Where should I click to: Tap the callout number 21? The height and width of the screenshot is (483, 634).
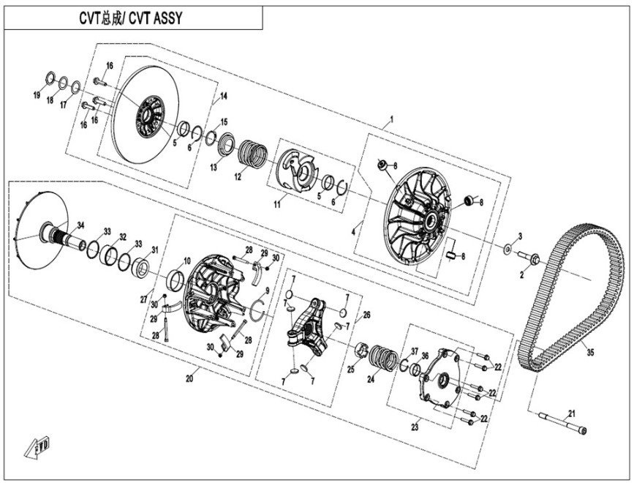point(571,413)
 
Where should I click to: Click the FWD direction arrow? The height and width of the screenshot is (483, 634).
point(37,447)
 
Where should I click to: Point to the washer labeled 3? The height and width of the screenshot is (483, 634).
point(507,250)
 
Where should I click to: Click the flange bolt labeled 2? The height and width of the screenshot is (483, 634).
point(529,258)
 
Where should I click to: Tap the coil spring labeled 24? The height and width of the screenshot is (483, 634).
point(385,358)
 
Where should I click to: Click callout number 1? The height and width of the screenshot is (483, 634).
point(391,119)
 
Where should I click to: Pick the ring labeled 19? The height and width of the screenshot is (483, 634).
point(50,78)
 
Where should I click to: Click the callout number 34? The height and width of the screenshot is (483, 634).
point(81,225)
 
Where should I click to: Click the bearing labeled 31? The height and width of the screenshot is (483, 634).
point(141,268)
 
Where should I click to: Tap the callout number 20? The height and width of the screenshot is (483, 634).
point(189,378)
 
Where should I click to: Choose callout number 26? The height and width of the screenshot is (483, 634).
point(366,315)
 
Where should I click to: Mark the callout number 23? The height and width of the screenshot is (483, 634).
point(415,427)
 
